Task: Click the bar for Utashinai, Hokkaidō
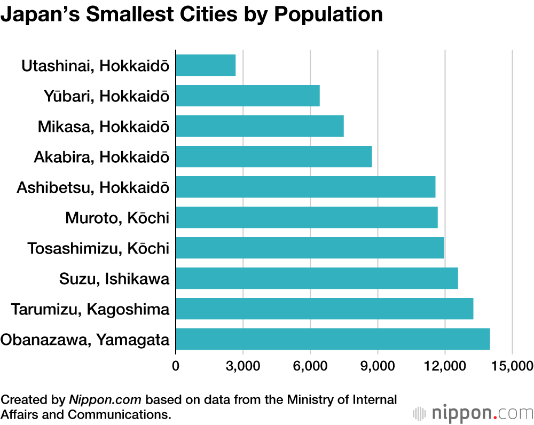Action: tap(206, 65)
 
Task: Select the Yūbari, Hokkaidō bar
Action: tap(248, 96)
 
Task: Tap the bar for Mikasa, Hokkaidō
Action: tap(260, 126)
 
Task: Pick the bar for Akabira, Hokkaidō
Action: tap(273, 156)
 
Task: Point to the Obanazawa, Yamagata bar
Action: tap(333, 339)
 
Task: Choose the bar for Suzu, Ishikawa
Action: tap(317, 278)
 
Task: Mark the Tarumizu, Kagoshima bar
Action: tap(324, 309)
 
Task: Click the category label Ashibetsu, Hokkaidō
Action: tap(93, 187)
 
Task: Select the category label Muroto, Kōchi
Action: tap(117, 218)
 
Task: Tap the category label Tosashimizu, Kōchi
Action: tap(98, 248)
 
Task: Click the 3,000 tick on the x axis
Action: tap(243, 366)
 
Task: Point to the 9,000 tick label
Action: tap(378, 366)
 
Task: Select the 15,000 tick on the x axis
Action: tap(512, 366)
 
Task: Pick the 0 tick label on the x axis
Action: tap(176, 366)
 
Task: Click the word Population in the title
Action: tap(328, 14)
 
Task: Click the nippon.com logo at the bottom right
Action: tap(473, 413)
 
